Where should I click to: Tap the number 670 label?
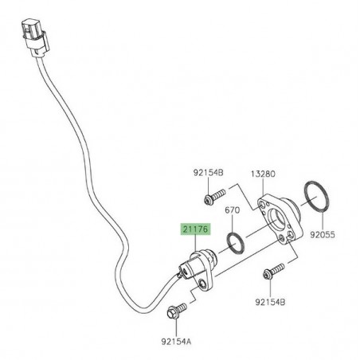[x=232, y=211]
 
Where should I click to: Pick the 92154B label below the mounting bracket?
[x=272, y=303]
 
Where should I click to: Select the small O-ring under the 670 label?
[x=235, y=242]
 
